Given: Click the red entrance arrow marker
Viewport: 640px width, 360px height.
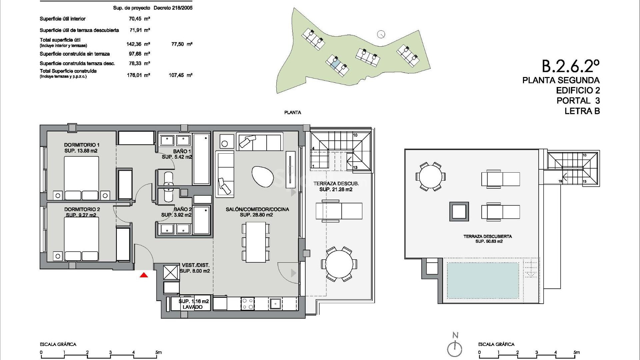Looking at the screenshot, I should click(144, 275).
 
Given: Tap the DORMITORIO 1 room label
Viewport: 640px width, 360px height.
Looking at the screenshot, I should click(82, 145).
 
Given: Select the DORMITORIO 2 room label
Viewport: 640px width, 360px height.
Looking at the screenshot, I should click(82, 209).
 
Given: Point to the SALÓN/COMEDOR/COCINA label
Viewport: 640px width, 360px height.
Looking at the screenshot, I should click(257, 209).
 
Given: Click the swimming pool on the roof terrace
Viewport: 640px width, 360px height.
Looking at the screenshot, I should click(482, 280).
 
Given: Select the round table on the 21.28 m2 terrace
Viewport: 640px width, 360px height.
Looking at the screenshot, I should click(339, 264).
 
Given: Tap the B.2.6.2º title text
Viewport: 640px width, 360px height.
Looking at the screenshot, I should click(570, 66).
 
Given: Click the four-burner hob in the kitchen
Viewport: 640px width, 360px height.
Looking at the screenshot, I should click(247, 304).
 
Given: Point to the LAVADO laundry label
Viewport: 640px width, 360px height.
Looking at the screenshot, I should click(192, 307).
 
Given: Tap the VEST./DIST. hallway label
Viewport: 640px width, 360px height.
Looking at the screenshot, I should click(196, 265).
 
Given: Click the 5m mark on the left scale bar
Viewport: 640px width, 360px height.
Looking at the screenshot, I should click(158, 352).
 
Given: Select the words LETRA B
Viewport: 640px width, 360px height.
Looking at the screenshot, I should click(582, 111).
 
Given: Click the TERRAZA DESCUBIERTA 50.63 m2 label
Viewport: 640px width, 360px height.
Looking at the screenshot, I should click(487, 236).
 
